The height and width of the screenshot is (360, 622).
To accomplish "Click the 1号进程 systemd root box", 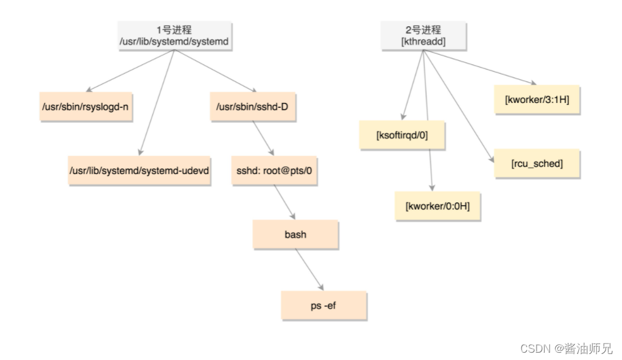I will coord(175,35).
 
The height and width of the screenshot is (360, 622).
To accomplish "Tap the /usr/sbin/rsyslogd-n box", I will coord(85,107).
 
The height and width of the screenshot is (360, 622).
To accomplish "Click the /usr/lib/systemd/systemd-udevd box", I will coord(140,170).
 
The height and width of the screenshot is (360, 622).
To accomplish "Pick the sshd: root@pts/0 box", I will coord(274,170).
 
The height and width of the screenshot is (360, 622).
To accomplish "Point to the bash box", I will coord(295,234).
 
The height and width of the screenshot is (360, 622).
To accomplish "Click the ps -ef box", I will coord(323,305).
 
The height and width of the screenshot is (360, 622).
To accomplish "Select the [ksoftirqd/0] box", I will coord(402,135).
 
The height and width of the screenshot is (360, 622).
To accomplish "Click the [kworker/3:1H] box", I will coord(537,99).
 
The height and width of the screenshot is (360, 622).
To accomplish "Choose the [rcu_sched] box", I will coord(537,163).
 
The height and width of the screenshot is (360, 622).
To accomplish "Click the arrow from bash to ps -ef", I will coord(309,269).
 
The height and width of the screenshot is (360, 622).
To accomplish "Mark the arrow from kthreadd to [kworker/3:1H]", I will coord(481,67).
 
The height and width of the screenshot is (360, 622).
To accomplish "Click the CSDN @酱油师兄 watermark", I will coord(566,348).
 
